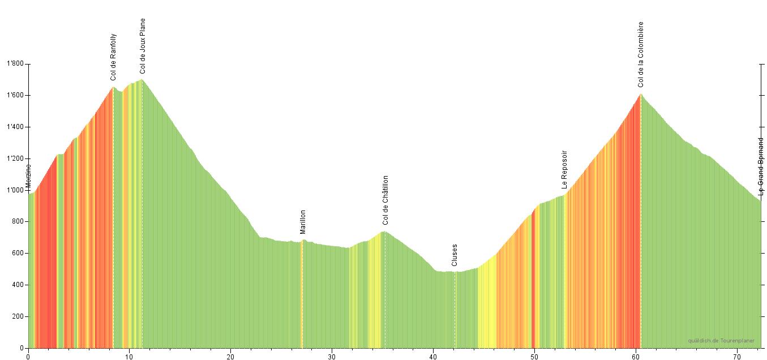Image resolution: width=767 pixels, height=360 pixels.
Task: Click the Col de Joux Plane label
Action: click(143, 46)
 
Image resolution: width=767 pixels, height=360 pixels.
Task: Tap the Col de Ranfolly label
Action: click(113, 57)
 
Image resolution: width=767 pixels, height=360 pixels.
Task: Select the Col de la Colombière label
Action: click(641, 54)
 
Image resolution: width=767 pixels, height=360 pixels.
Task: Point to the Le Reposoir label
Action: click(564, 169)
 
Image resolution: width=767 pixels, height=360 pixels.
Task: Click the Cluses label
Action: click(455, 255)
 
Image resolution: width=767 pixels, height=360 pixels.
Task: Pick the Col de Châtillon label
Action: click(385, 200)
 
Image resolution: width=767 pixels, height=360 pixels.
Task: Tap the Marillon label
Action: click(303, 222)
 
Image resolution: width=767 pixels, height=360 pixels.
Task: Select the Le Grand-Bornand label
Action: click(761, 166)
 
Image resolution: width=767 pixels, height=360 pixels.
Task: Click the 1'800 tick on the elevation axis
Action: click(15, 64)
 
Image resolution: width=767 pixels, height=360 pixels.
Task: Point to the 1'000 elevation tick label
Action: click(15, 190)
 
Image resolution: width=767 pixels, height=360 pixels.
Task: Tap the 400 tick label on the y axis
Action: click(18, 285)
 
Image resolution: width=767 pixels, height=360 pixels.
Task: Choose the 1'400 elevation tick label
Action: click(15, 127)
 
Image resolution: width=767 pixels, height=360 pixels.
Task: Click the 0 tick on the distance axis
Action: click(28, 356)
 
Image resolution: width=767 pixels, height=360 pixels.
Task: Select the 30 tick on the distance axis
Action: click(332, 356)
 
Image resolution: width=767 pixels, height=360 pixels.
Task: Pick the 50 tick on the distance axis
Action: click(534, 356)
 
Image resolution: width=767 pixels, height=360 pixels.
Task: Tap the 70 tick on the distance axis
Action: click(737, 356)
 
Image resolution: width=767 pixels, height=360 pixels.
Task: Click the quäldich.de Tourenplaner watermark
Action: click(721, 341)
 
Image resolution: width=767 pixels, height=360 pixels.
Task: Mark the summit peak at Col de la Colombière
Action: click(640, 95)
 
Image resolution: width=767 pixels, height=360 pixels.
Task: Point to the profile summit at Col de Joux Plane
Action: click(142, 79)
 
